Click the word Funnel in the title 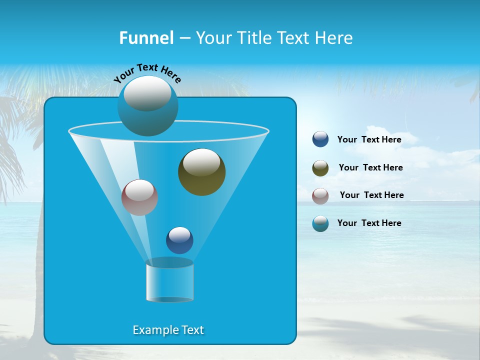[x=146, y=38]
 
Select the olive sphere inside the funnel [x=201, y=172]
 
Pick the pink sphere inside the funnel [x=139, y=197]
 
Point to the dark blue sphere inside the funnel [x=179, y=240]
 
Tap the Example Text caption [x=168, y=330]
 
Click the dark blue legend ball [x=320, y=139]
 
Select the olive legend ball [x=320, y=168]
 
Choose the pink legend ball [x=320, y=195]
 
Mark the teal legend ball [x=320, y=223]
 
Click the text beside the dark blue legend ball [x=369, y=140]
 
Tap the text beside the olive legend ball [x=370, y=168]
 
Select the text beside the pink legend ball [x=371, y=195]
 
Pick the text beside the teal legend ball [x=369, y=223]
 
